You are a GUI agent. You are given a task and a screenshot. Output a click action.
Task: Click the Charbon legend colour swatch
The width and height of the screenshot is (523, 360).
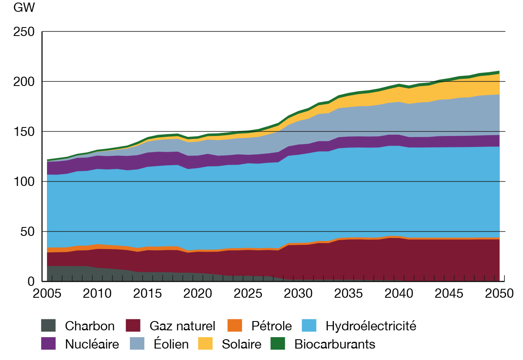[48, 326]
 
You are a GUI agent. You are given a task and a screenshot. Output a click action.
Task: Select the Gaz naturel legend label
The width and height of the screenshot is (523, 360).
[182, 326]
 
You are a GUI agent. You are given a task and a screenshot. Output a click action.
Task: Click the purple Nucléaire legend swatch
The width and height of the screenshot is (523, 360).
[48, 343]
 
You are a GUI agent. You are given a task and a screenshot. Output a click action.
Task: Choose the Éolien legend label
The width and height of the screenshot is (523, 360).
[168, 344]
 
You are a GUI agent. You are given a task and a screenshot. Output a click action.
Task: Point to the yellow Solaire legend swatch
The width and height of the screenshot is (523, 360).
[205, 343]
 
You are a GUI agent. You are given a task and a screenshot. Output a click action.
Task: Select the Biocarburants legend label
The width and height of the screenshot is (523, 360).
[334, 344]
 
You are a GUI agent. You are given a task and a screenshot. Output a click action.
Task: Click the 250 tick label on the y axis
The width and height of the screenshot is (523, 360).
[24, 32]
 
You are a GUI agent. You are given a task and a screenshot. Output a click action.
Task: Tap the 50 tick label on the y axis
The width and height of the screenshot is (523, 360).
[28, 231]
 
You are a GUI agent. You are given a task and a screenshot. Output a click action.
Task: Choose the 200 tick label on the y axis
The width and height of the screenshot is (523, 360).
[24, 81]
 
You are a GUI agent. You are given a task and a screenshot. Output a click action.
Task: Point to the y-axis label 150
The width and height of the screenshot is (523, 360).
[24, 131]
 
